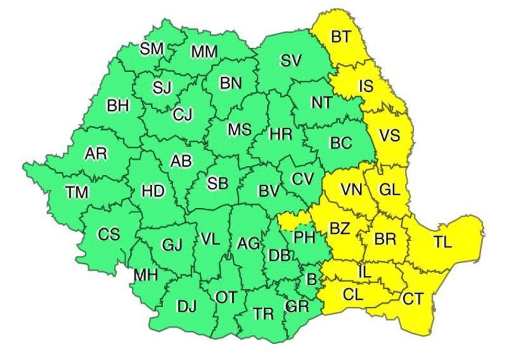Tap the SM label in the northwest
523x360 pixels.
[152, 49]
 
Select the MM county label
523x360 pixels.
[204, 52]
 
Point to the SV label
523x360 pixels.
[291, 61]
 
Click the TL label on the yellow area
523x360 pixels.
[442, 242]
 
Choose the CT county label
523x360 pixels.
[413, 299]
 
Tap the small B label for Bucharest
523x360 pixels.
[311, 278]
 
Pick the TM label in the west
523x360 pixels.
[77, 192]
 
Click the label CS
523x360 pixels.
[109, 234]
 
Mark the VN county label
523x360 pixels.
[351, 189]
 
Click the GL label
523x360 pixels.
[389, 190]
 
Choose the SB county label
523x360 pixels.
[218, 184]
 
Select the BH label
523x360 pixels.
[118, 106]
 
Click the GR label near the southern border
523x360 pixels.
[298, 306]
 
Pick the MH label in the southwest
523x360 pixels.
[146, 274]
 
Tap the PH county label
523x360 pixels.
[304, 238]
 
